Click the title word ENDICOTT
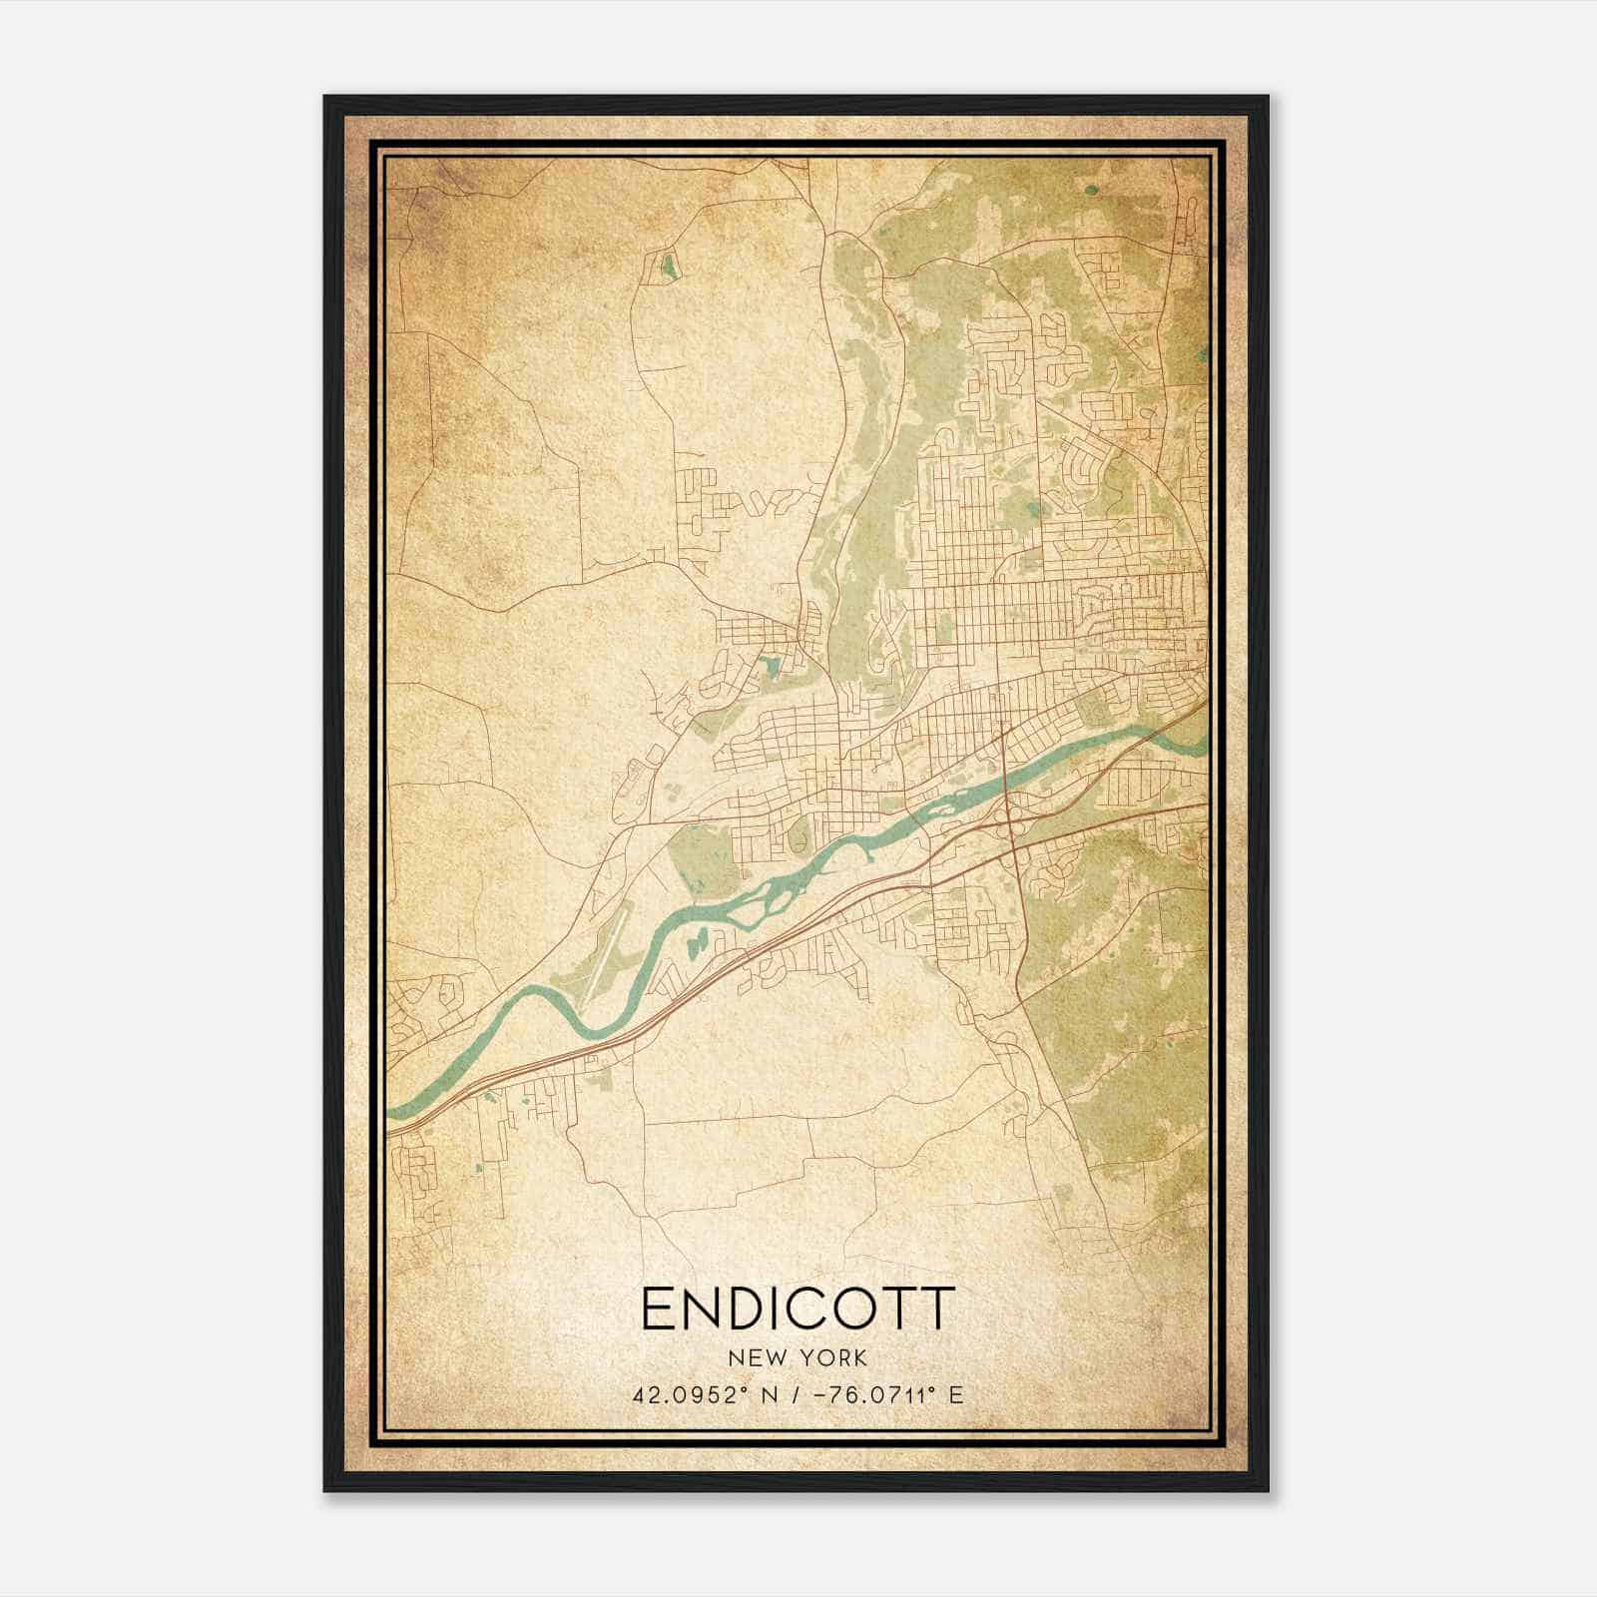pyautogui.click(x=798, y=1310)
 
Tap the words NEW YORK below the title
pyautogui.click(x=798, y=1358)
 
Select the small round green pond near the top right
pyautogui.click(x=1090, y=188)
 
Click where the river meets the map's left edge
pyautogui.click(x=391, y=1111)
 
